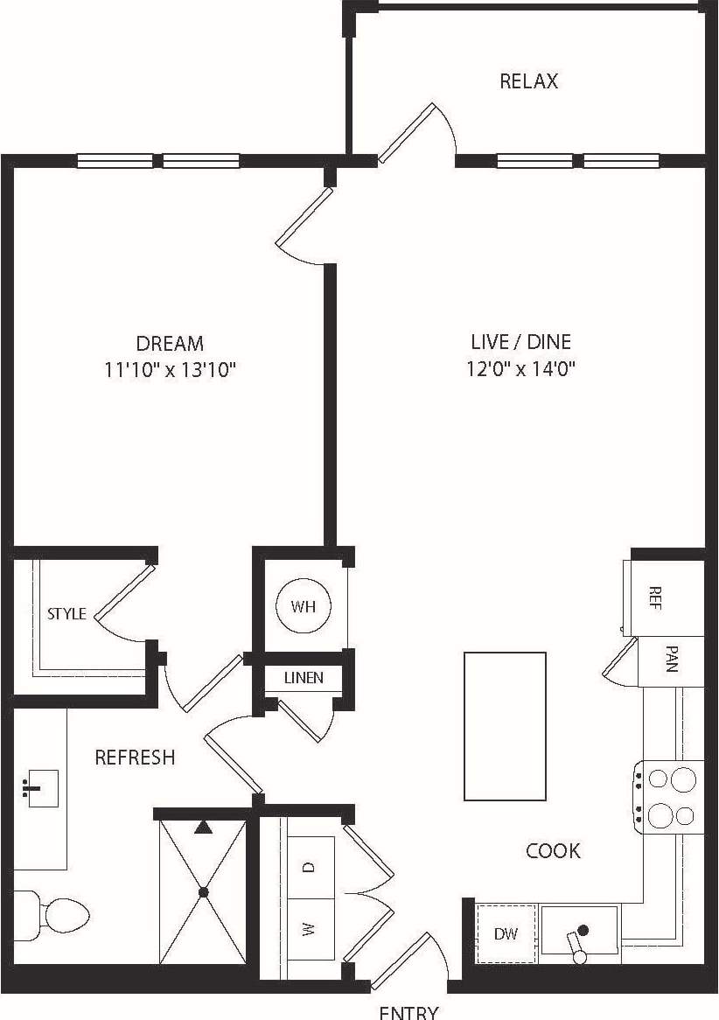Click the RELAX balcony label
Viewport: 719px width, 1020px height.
(x=528, y=81)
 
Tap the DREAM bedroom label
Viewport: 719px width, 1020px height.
(x=170, y=343)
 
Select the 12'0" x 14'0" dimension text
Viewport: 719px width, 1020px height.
(x=521, y=368)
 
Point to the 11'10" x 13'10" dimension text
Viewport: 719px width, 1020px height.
(x=171, y=369)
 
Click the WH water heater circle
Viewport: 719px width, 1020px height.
(x=303, y=606)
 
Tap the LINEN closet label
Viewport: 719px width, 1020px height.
(x=303, y=677)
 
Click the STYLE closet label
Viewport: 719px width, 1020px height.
(x=66, y=613)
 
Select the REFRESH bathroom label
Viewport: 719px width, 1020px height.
(x=135, y=757)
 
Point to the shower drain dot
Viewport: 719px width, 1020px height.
(x=204, y=892)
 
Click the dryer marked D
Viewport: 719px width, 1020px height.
(x=311, y=867)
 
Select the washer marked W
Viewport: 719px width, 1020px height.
(x=311, y=929)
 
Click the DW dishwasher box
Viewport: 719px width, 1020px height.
(x=505, y=933)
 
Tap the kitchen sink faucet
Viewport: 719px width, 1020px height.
(x=577, y=947)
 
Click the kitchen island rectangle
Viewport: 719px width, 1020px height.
(x=505, y=726)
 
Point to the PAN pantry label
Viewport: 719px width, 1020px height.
(x=671, y=659)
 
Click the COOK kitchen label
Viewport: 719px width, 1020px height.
(x=553, y=850)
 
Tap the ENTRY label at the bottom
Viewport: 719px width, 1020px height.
(x=408, y=1011)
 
